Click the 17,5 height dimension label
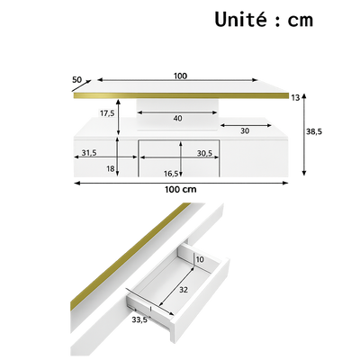click(x=107, y=113)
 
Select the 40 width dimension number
click(x=178, y=117)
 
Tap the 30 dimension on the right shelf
click(x=244, y=131)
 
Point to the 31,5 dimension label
click(x=89, y=153)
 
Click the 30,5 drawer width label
click(x=206, y=153)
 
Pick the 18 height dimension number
click(x=110, y=168)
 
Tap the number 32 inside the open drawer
click(x=184, y=290)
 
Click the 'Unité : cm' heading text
click(x=263, y=21)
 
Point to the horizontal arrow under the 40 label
click(x=178, y=125)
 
